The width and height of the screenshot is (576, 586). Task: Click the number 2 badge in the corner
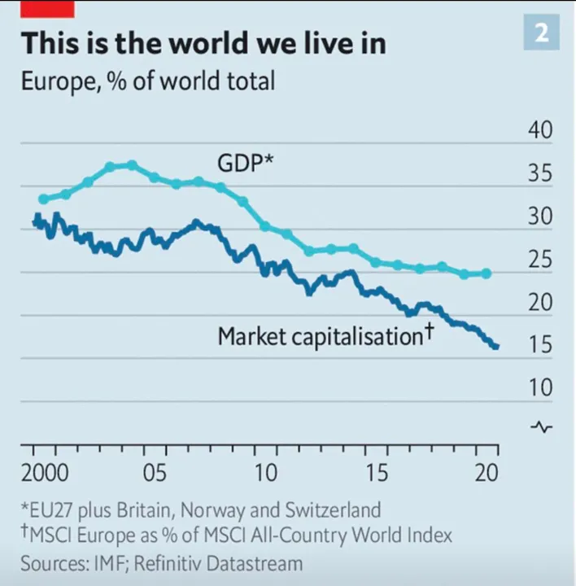(540, 33)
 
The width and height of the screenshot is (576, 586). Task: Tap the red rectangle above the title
(48, 8)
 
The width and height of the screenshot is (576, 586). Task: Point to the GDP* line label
(245, 164)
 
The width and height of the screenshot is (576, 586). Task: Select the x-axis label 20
(487, 474)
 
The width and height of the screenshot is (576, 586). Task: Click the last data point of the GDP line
(487, 273)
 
